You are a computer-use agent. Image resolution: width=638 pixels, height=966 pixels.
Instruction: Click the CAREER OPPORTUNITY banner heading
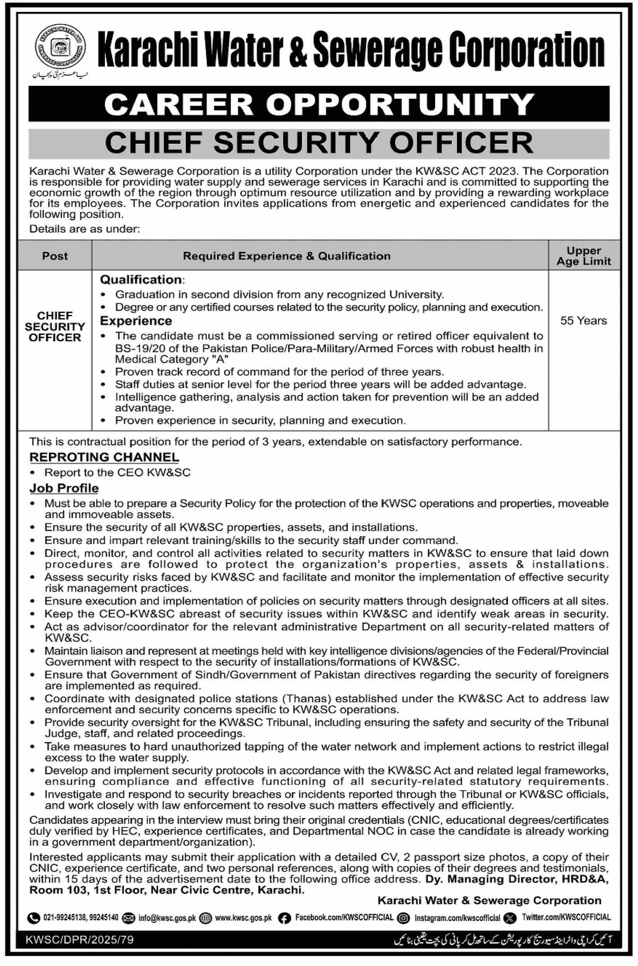point(319,104)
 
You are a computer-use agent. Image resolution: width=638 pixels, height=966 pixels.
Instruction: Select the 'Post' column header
point(55,256)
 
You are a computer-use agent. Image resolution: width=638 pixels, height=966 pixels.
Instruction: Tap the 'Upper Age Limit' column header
point(583,256)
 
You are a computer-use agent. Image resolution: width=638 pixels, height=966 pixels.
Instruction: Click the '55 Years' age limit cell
point(583,320)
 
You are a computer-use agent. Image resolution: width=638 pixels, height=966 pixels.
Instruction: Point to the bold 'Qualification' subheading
point(141,279)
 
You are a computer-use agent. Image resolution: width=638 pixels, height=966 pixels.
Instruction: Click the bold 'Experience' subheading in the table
point(136,321)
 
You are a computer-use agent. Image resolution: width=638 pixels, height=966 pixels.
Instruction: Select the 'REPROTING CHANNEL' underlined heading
point(104,457)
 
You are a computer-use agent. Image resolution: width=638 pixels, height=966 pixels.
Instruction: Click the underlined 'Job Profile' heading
point(64,488)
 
